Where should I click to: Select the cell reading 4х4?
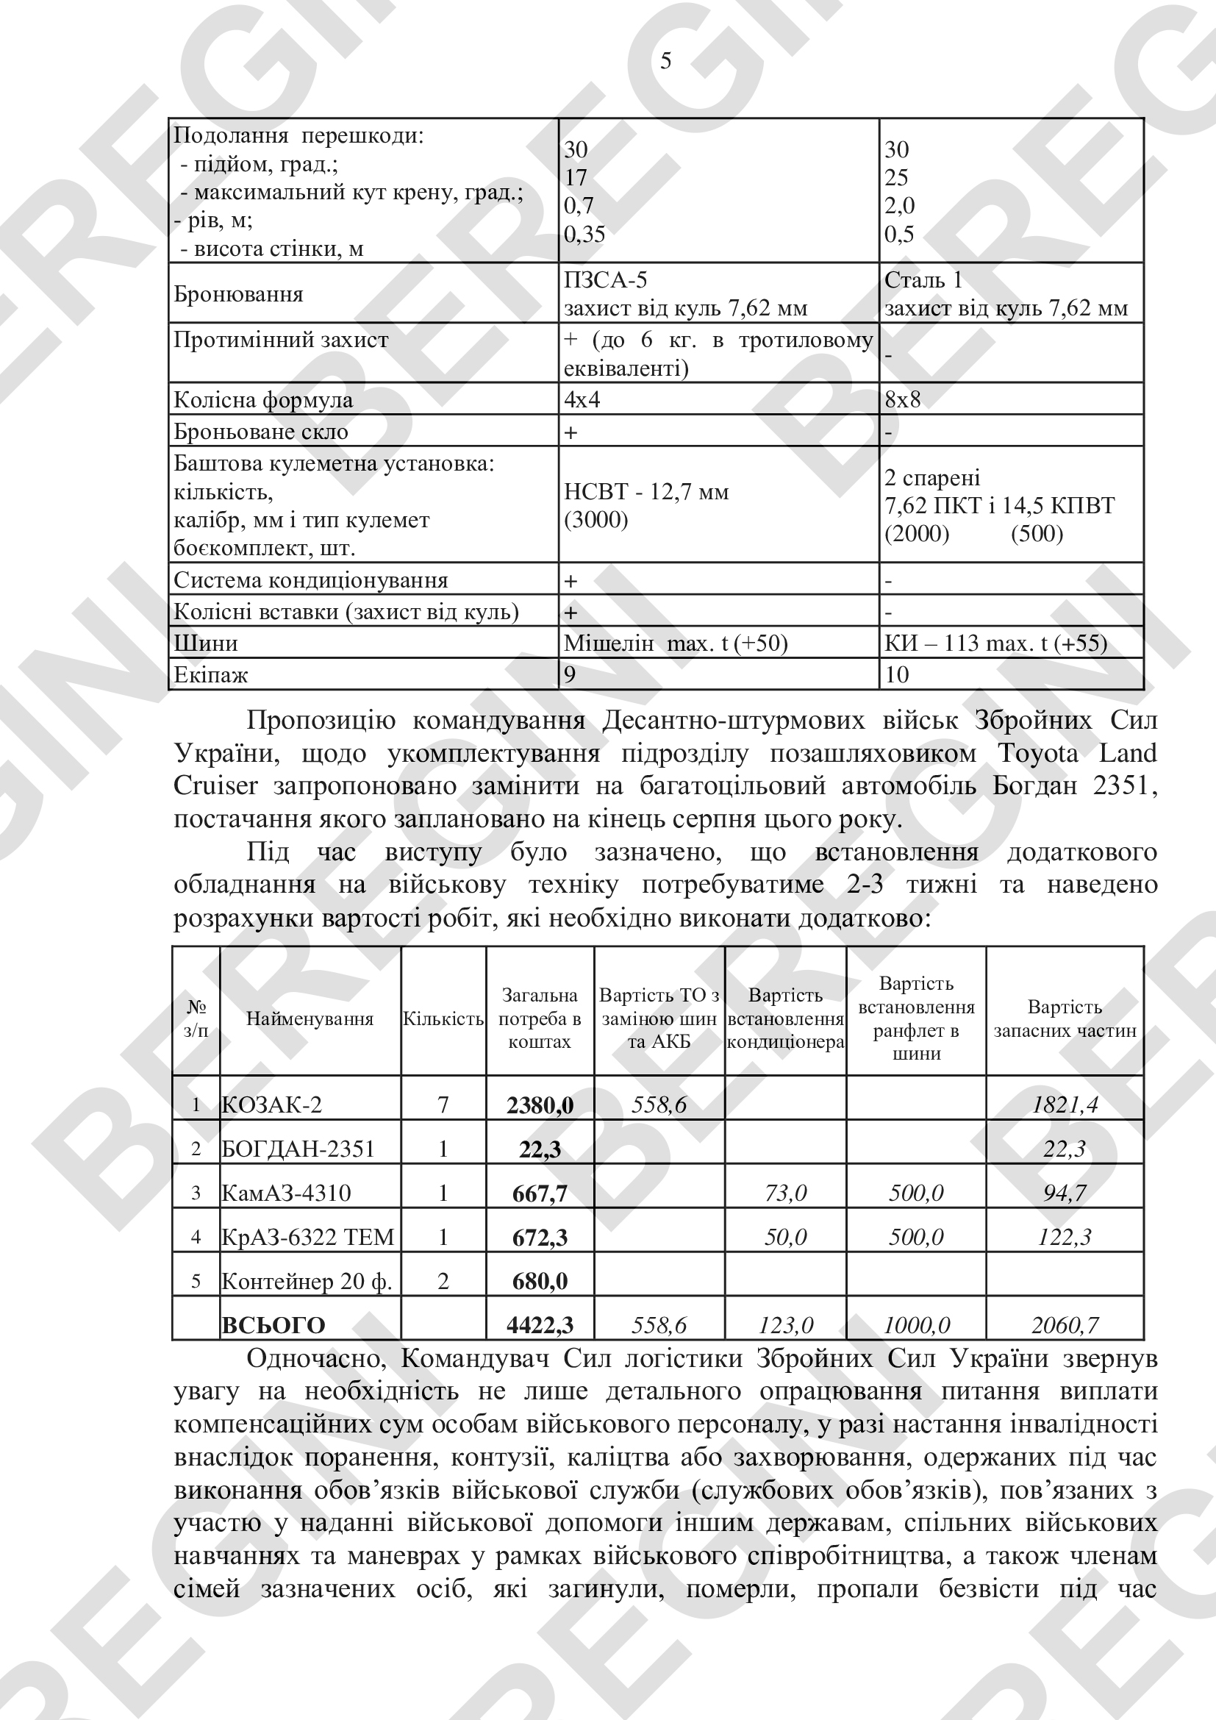coord(582,399)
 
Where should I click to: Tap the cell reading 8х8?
coord(902,399)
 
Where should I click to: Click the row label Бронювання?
coord(239,293)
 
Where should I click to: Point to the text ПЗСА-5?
coord(605,280)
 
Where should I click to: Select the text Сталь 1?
coord(923,280)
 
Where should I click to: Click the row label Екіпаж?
coord(210,675)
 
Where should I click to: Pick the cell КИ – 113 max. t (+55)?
coord(996,643)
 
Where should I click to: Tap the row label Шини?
coord(206,643)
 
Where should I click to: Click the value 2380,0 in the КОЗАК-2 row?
coord(539,1105)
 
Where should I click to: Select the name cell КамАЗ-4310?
coord(286,1193)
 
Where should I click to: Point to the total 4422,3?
coord(539,1325)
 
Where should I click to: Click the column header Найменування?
coord(310,1018)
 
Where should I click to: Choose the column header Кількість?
coord(443,1018)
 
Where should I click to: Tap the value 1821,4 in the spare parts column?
coord(1064,1105)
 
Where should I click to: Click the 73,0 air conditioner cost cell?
coord(784,1193)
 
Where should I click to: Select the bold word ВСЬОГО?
coord(273,1325)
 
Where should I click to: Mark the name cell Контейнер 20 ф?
coord(307,1282)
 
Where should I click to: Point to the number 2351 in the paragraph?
coord(1125,786)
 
